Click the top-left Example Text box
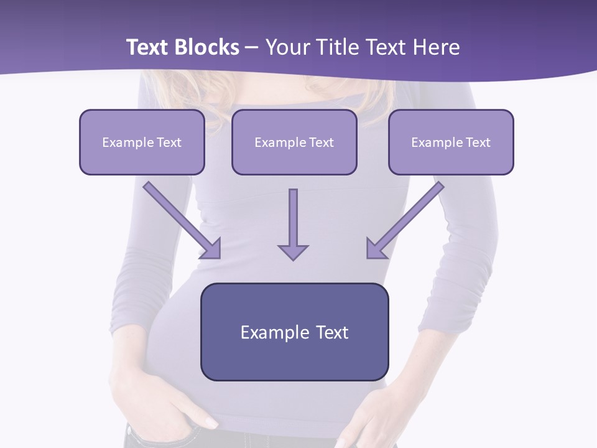[x=142, y=142]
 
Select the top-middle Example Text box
[x=294, y=142]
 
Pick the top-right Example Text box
[x=451, y=142]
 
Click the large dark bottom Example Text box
[x=294, y=332]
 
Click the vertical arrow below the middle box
[x=293, y=218]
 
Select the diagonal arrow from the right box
[x=410, y=215]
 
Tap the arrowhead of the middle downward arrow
[x=293, y=251]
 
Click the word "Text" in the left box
[x=169, y=142]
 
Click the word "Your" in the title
[x=285, y=47]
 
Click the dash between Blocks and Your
[x=252, y=47]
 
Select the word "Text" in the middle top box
[x=322, y=142]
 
